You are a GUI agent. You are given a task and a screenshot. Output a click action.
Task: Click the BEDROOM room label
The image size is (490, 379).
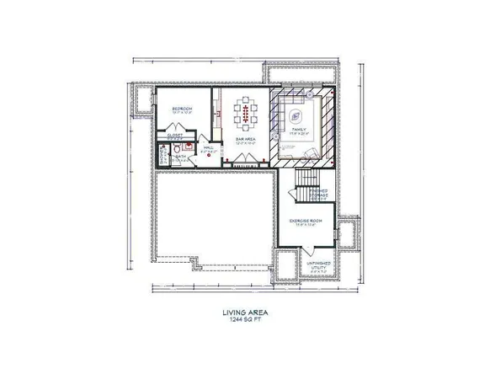click(183, 109)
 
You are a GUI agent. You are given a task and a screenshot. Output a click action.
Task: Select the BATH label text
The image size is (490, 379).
click(180, 156)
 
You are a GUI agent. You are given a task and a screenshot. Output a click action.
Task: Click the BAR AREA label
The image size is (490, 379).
click(246, 141)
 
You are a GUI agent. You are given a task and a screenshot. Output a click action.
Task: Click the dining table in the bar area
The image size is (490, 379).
click(246, 113)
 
